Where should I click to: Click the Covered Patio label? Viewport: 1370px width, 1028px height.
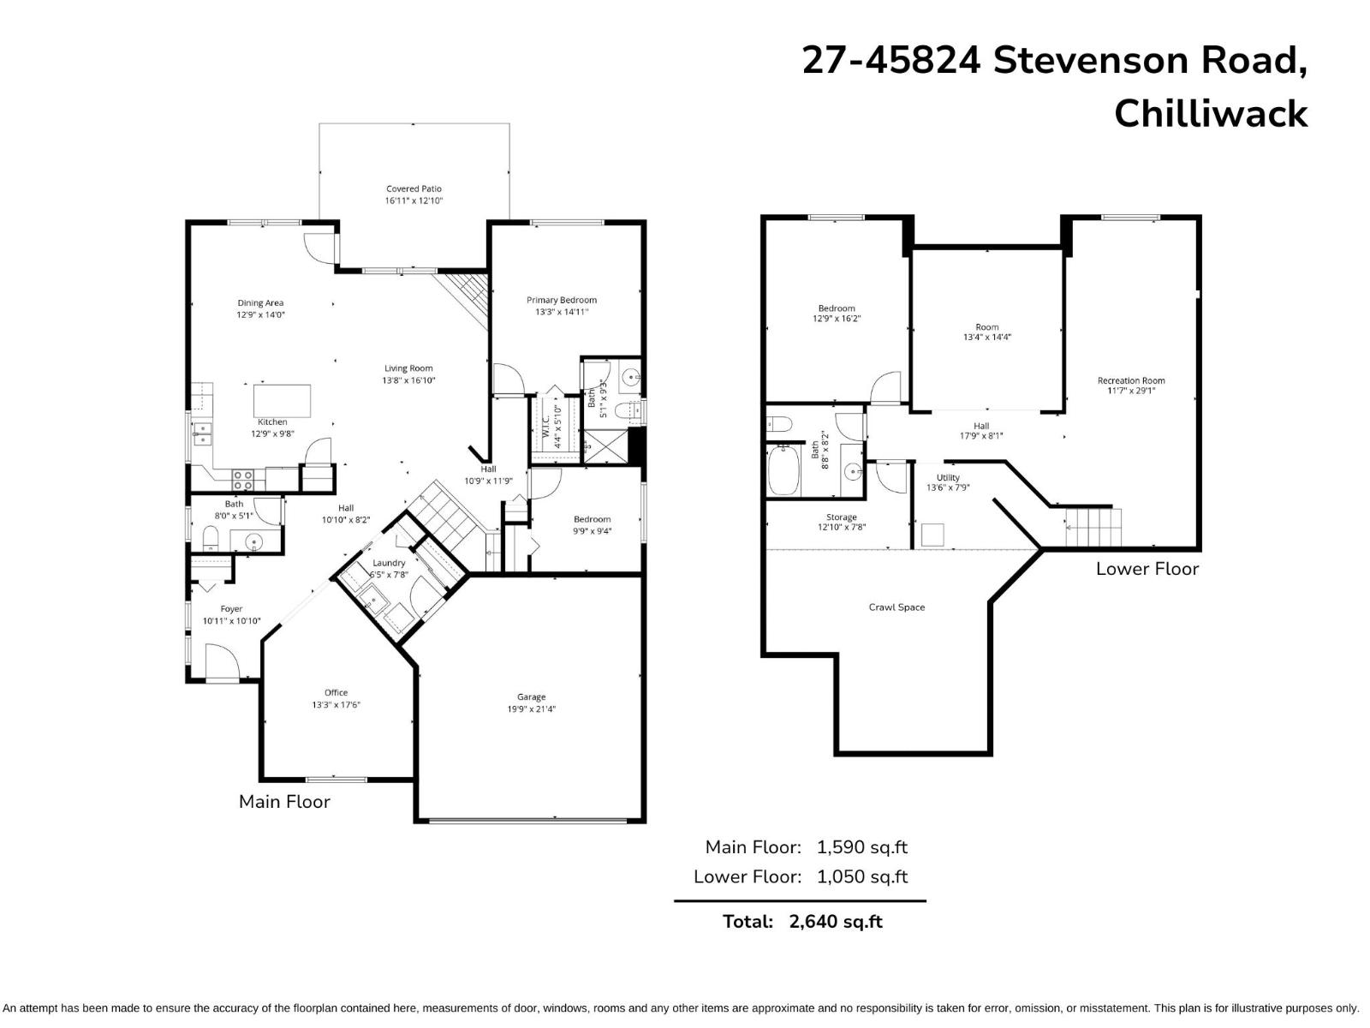pos(414,188)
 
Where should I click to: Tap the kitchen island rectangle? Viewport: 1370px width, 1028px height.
pos(283,400)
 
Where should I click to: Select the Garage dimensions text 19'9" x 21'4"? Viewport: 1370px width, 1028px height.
pos(531,709)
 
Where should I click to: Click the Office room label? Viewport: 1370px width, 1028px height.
pos(336,693)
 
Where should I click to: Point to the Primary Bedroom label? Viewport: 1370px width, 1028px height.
pos(561,300)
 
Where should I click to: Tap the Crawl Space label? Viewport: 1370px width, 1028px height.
pos(896,607)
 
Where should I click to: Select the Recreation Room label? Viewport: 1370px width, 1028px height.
pos(1131,380)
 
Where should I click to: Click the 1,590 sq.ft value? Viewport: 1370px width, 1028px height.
pos(861,847)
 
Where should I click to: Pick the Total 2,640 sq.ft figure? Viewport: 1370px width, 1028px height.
pos(835,922)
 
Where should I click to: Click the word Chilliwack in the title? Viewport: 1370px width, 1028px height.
pos(1210,114)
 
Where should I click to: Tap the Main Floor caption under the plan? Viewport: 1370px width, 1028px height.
pos(284,802)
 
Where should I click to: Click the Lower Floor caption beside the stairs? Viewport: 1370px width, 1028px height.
pos(1147,569)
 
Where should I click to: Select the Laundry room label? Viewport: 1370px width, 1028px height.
pos(389,563)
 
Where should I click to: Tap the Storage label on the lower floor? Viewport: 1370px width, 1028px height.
pos(841,517)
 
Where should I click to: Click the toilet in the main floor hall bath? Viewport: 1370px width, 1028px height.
pos(210,539)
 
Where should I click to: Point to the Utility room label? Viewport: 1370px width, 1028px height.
pos(948,477)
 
